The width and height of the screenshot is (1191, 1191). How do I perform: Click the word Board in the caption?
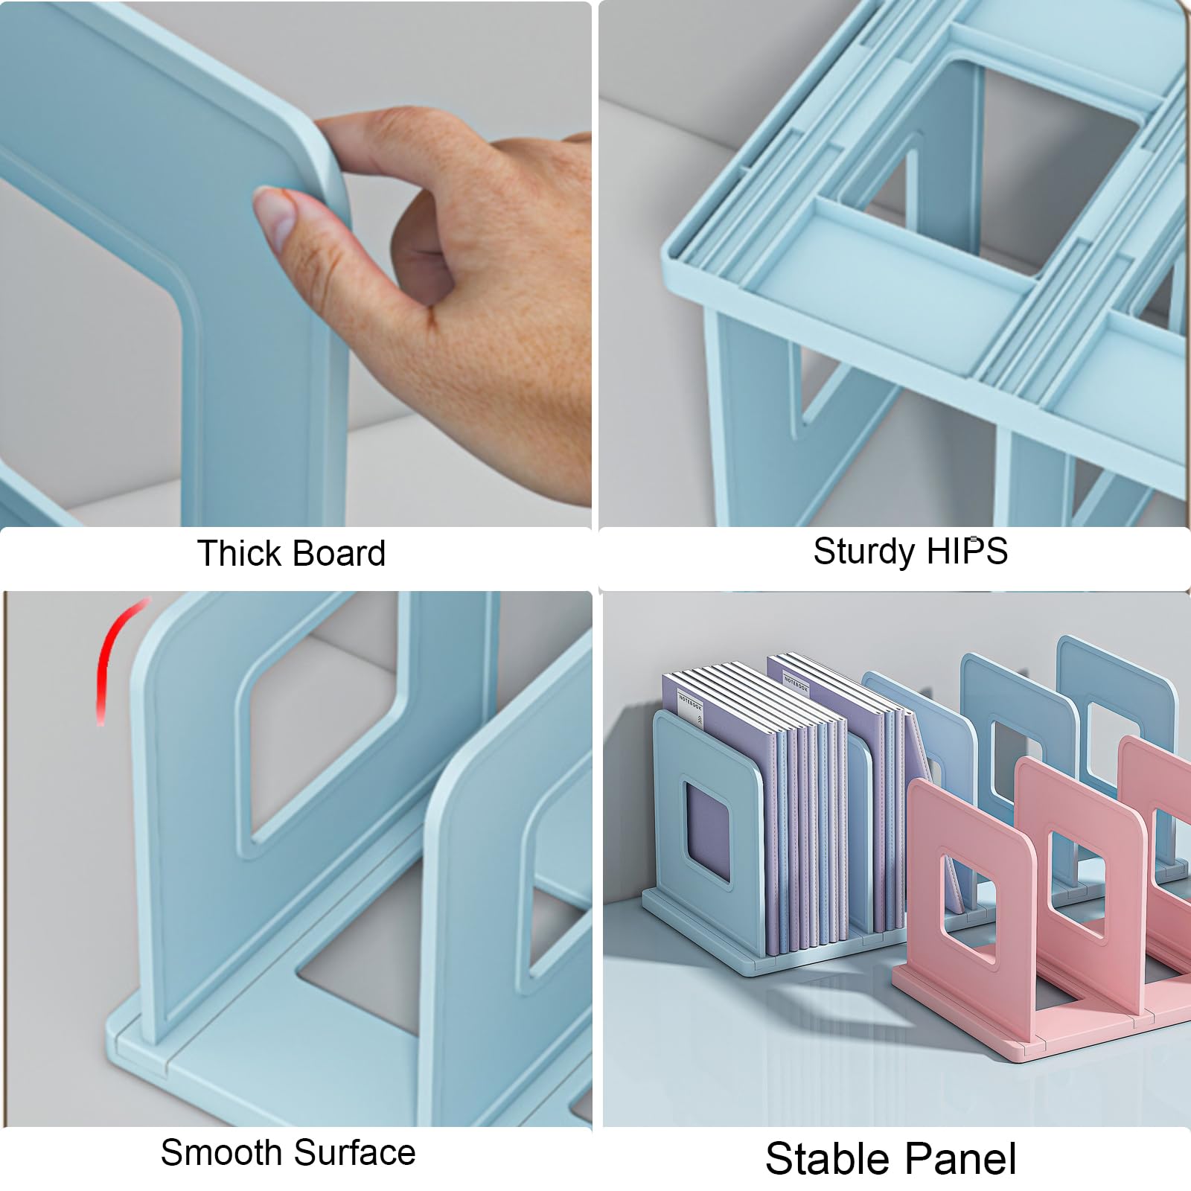tap(339, 553)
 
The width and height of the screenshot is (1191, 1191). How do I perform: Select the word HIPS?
tap(966, 551)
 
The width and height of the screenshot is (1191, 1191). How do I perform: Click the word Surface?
tap(354, 1152)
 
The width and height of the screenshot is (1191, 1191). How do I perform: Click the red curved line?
tap(112, 648)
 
